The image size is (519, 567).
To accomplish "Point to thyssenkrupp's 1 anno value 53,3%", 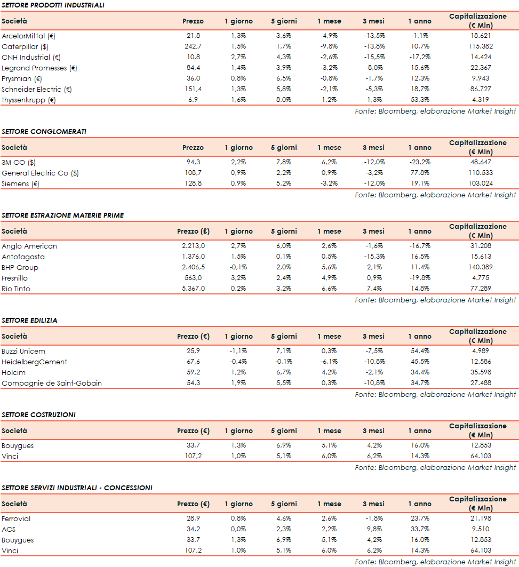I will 420,100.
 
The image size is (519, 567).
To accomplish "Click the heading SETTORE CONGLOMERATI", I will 44,131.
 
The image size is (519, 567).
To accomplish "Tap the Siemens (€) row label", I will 21,183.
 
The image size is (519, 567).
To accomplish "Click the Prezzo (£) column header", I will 193,231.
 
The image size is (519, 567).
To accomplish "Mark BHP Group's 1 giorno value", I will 238,267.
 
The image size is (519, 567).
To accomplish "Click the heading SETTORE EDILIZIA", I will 29,321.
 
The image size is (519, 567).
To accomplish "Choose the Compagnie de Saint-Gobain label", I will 51,383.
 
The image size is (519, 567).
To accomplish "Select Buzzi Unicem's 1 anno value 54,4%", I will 420,351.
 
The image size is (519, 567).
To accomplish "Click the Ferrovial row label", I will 16,518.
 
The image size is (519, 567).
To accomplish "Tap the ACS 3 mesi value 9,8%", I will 373,529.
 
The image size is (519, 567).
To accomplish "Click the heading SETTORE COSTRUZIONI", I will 38,414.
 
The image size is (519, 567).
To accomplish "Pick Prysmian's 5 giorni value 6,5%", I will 284,78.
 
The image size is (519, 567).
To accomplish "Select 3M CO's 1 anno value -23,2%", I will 420,162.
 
